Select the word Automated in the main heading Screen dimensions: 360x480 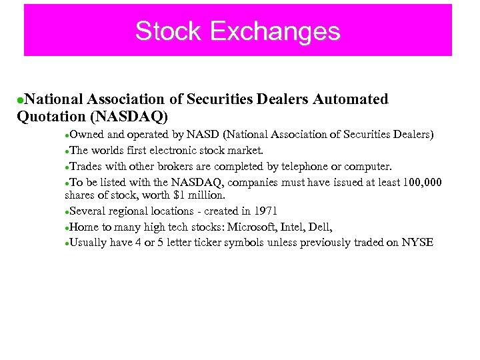pos(350,99)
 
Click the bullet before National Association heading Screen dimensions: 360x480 pos(21,100)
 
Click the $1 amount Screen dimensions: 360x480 pos(179,196)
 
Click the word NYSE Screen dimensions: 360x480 pos(417,242)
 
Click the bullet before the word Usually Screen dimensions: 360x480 pos(67,243)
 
